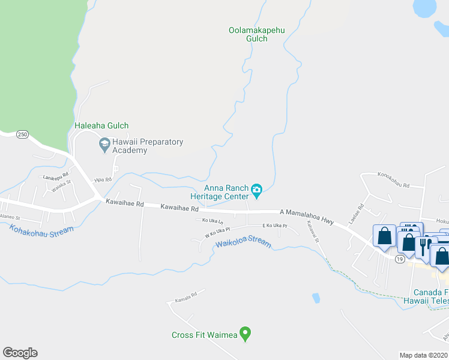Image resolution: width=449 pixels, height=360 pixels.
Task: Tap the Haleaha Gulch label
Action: (x=101, y=126)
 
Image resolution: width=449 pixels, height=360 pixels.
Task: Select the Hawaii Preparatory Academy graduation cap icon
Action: (x=104, y=143)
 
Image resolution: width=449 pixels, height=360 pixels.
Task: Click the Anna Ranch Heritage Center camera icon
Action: (x=257, y=191)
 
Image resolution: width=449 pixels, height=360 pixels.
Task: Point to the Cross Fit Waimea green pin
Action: (x=244, y=332)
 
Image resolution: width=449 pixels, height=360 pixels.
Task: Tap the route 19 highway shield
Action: (x=399, y=259)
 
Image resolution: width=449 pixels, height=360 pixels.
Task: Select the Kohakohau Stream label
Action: (x=42, y=229)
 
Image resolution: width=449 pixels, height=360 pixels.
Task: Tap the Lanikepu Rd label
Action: (x=56, y=177)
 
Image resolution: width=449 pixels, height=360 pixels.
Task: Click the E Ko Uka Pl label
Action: (x=275, y=226)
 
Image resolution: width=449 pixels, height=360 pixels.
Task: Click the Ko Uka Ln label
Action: (x=212, y=221)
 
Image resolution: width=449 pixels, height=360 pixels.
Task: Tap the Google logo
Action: (x=20, y=353)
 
